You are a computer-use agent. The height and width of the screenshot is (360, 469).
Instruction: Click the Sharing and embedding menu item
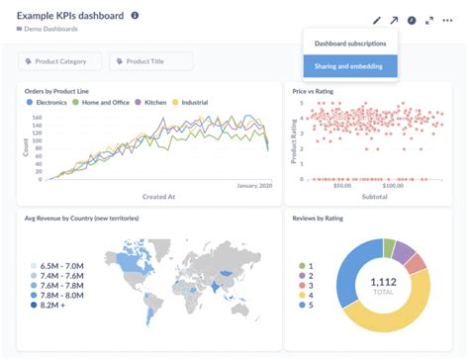[349, 66]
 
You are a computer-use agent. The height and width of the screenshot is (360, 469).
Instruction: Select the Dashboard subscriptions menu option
[349, 44]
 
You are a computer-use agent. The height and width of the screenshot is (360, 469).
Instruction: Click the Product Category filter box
[60, 61]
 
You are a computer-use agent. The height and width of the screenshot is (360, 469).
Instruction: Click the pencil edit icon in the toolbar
[377, 20]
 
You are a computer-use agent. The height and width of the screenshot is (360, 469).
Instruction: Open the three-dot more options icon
[447, 20]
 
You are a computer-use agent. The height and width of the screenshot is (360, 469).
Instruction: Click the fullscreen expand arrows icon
[429, 20]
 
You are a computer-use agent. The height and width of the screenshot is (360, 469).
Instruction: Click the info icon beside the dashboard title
[135, 16]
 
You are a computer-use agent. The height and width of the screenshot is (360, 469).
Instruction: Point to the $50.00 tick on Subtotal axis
[343, 185]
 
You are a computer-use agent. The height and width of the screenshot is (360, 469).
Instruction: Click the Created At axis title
[159, 197]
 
